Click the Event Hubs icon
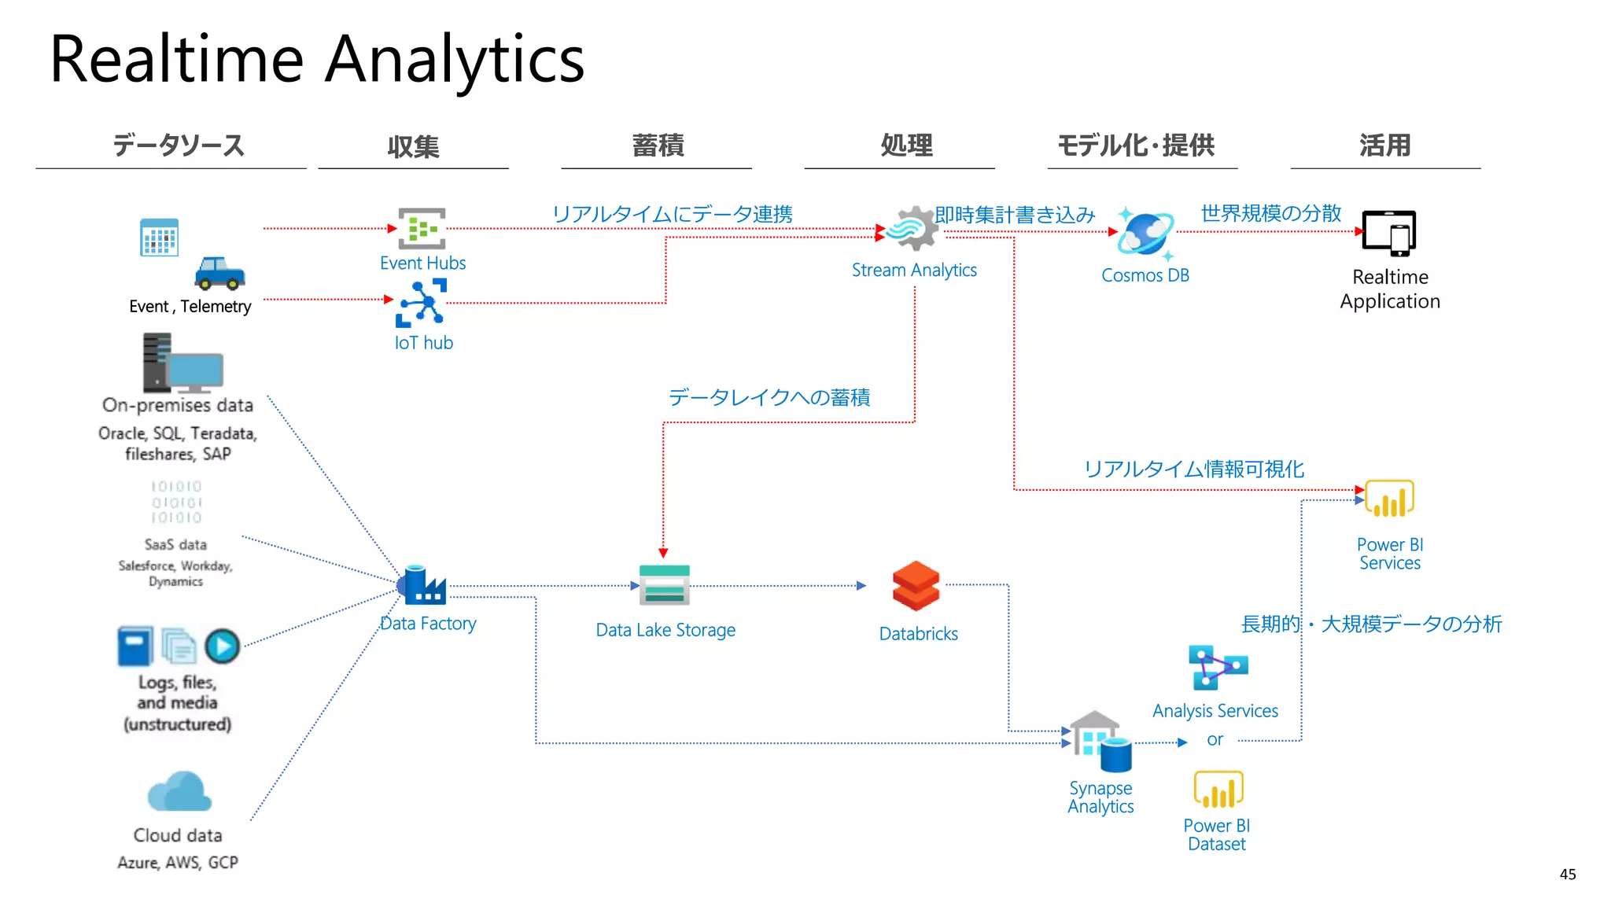[422, 229]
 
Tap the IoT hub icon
[422, 303]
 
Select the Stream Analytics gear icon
[914, 228]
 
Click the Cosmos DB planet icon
[1146, 234]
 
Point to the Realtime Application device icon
[1389, 234]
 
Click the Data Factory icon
[423, 586]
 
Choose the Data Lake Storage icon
[665, 585]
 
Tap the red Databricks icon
[916, 587]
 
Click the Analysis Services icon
[1217, 668]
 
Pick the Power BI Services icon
[1389, 499]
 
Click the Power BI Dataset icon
[1218, 790]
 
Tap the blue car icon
[219, 273]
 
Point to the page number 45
[1567, 875]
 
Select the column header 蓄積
[658, 145]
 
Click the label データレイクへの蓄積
[769, 397]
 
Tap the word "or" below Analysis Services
[1215, 740]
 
